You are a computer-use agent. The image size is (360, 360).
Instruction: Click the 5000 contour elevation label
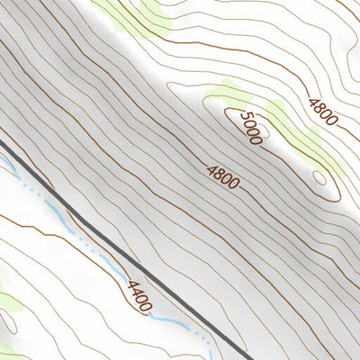tap(251, 128)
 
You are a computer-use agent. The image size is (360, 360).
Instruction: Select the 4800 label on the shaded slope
tap(222, 175)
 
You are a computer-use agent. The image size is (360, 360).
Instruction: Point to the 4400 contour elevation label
tap(139, 296)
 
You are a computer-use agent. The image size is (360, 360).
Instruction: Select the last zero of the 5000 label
tap(258, 138)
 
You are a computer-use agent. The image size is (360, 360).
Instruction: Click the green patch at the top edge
tap(135, 11)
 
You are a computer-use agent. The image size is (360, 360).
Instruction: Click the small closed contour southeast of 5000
tap(319, 176)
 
